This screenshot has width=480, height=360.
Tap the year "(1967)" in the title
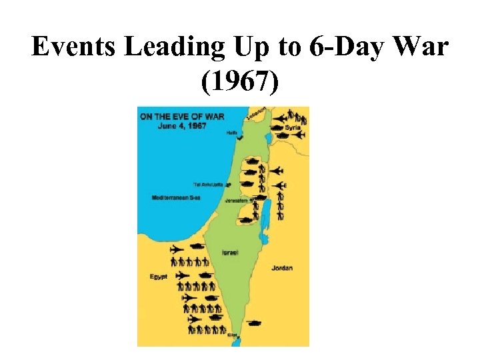240,82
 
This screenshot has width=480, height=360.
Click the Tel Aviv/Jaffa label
209,184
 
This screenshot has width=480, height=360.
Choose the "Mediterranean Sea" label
176,198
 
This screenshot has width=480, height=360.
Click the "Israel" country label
230,252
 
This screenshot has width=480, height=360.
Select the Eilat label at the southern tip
231,336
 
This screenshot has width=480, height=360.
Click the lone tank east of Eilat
253,324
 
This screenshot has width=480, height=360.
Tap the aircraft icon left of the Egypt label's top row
177,249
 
